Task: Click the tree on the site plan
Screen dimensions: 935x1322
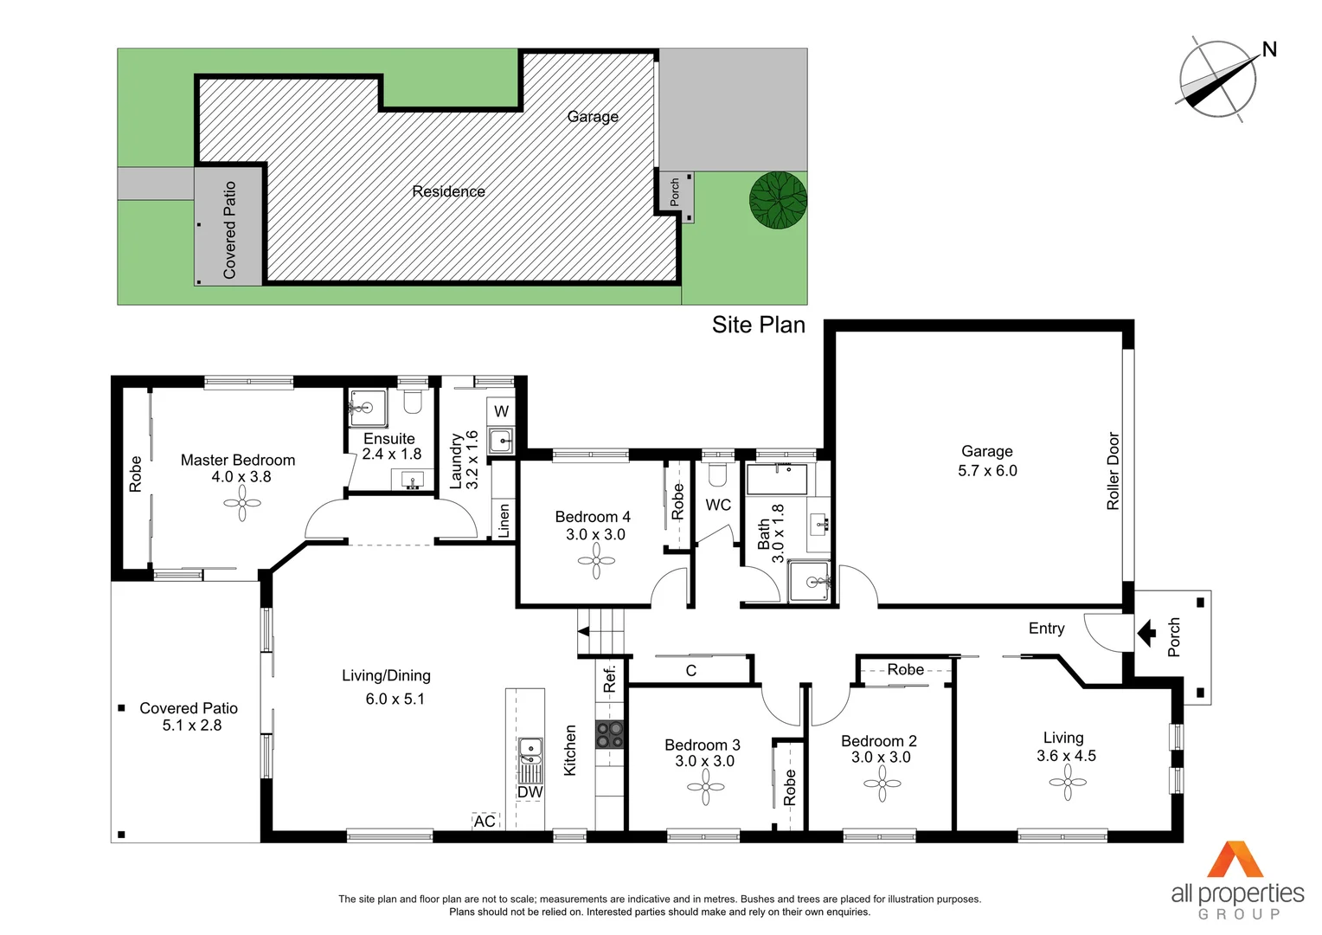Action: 778,200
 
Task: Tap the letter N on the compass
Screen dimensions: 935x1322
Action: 1269,49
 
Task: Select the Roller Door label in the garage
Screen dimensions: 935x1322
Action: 1113,471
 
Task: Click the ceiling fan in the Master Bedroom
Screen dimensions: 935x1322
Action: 242,503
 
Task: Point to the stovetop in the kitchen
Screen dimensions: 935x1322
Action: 609,734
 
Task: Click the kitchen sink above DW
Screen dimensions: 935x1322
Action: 529,750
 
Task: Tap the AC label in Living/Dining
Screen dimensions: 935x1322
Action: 485,821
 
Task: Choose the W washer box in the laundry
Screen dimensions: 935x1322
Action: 501,411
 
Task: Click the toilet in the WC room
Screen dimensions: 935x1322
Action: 717,474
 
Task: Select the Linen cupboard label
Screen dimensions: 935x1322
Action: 504,521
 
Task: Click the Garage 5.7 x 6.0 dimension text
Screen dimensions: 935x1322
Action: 987,471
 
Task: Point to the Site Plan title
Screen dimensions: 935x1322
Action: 758,325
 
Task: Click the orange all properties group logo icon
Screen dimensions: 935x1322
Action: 1236,860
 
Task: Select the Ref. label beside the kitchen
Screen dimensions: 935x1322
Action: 609,678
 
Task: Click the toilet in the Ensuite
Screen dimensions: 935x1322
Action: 413,402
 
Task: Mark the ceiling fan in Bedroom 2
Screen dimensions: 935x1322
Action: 882,783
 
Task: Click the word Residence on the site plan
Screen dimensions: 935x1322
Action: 448,191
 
